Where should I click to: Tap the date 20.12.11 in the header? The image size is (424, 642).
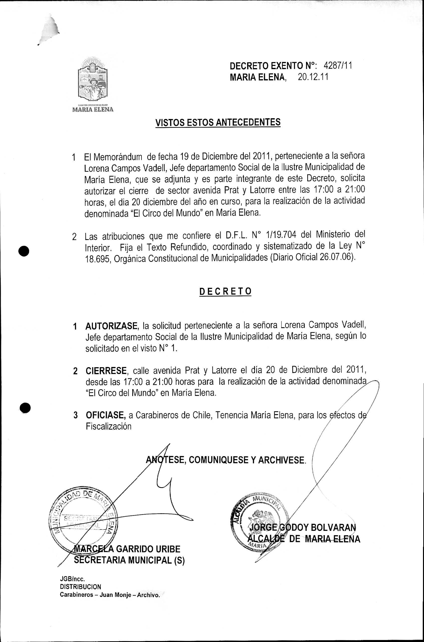pos(313,77)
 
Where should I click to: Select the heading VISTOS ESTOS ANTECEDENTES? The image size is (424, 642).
pos(218,122)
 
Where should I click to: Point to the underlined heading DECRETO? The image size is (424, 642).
pos(225,291)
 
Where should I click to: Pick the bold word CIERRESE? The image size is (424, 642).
pos(106,370)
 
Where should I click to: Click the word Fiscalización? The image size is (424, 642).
pos(108,427)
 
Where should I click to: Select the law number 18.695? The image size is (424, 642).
pos(97,259)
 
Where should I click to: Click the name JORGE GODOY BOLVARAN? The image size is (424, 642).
pos(302,527)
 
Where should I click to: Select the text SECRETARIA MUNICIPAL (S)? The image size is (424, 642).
pos(129,560)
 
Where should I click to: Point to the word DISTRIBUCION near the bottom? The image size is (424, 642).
pos(81,587)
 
